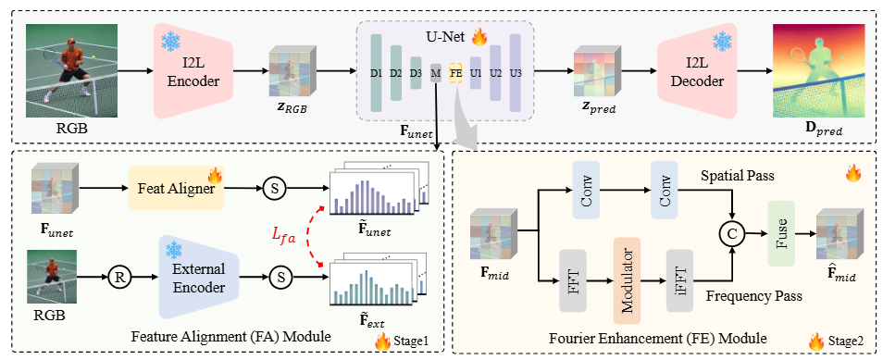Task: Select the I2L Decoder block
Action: pos(697,71)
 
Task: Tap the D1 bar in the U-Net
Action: pos(376,72)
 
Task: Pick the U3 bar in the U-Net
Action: pos(515,72)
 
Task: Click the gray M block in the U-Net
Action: pos(435,73)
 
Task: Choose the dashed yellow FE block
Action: pos(455,73)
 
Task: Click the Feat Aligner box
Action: pos(176,188)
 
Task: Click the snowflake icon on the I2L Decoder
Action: pos(720,41)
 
